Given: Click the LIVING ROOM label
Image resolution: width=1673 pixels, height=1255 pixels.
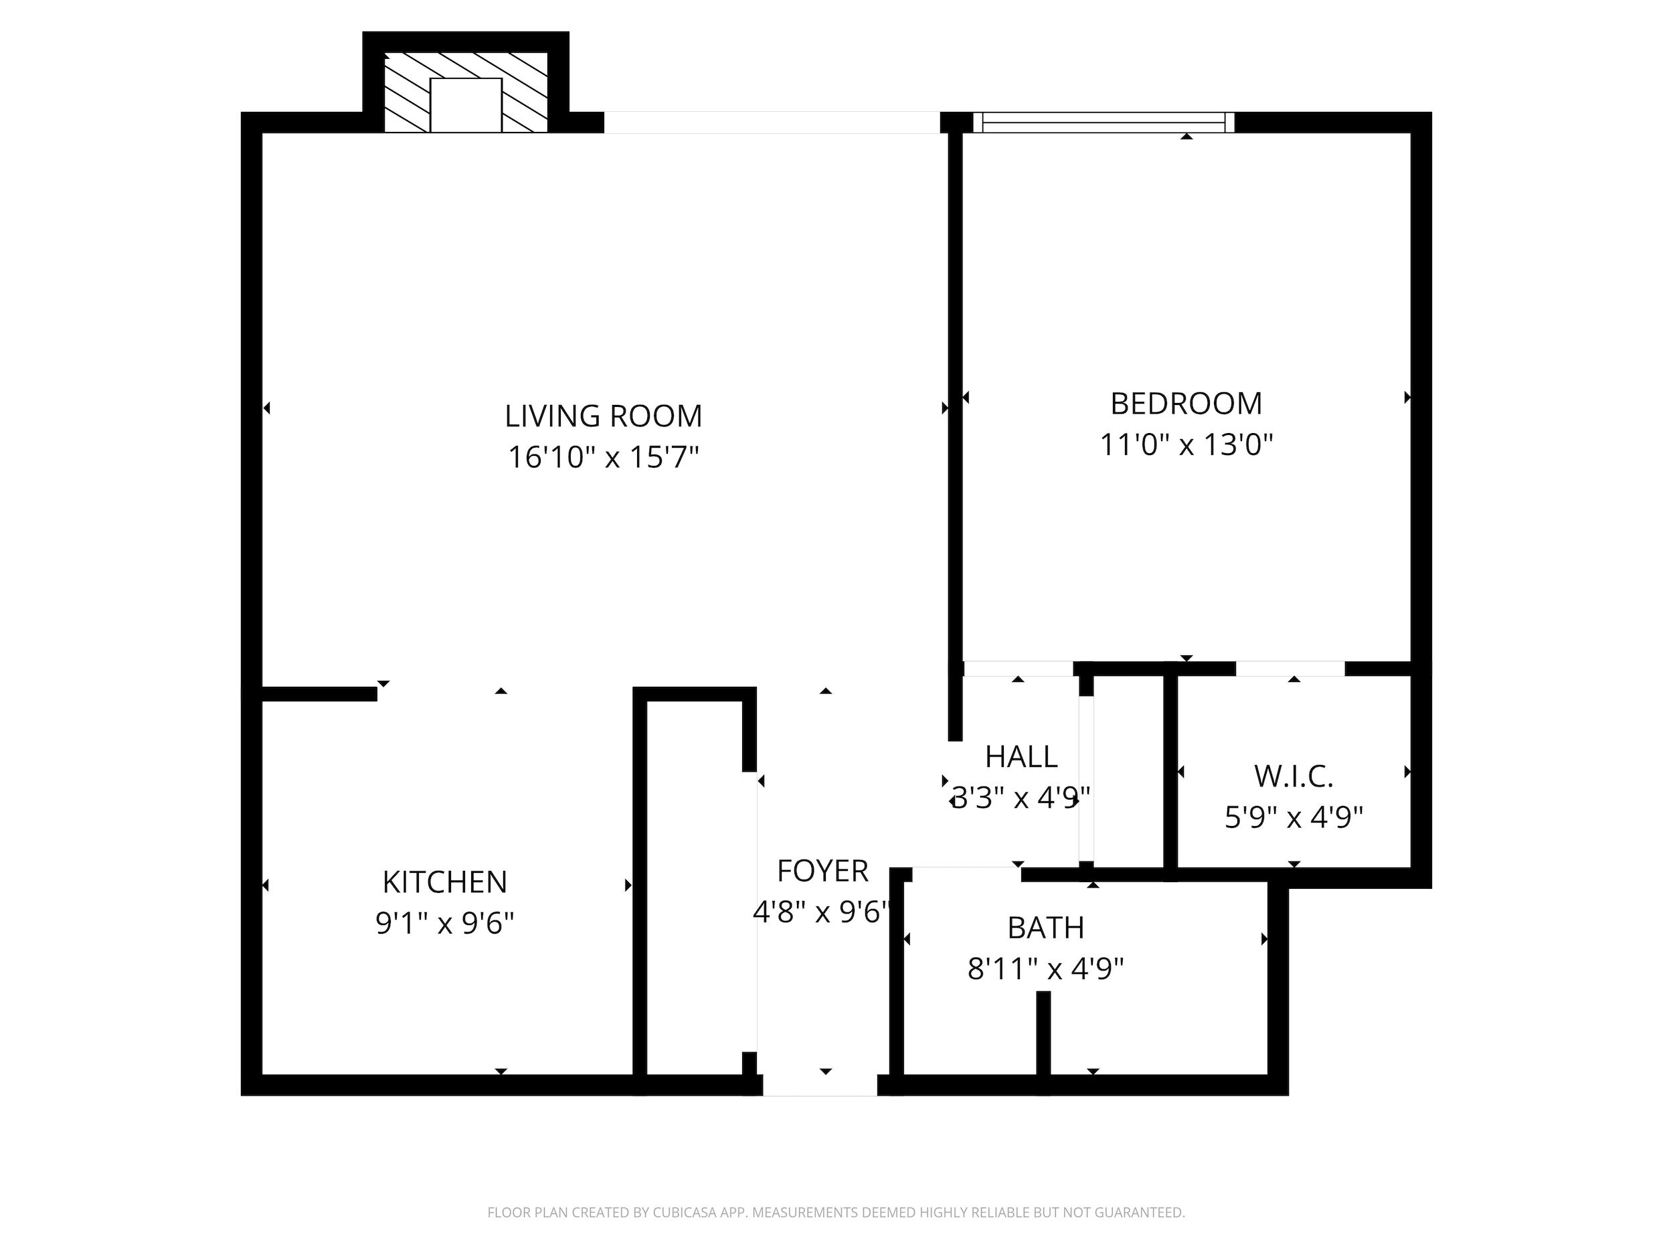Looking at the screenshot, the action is click(604, 416).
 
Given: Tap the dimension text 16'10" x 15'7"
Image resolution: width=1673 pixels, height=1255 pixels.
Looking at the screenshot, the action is click(604, 457).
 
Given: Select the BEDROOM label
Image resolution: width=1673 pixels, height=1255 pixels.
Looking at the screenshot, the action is click(1186, 403).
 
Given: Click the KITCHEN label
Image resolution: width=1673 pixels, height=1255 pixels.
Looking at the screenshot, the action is click(445, 882).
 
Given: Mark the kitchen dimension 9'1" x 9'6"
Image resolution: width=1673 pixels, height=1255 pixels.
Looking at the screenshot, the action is click(445, 923).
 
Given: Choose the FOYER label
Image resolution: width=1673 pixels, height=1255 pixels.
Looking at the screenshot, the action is click(823, 871).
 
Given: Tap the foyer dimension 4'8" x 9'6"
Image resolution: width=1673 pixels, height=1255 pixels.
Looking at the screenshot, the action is click(821, 912).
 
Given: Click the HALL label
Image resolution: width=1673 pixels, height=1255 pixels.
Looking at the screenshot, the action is click(1021, 756).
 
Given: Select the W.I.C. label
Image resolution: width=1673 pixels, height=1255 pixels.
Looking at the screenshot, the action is click(1294, 776).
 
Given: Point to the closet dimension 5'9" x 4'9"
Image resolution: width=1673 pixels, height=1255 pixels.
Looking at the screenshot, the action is click(1294, 817).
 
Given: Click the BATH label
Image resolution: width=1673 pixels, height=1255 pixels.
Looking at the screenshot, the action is click(1046, 928).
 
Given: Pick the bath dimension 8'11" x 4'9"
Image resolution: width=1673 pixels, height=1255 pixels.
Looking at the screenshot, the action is click(1046, 969).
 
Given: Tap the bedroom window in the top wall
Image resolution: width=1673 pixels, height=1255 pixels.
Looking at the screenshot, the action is click(1104, 122).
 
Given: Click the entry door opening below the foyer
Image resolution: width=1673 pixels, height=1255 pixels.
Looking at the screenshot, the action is click(820, 1085).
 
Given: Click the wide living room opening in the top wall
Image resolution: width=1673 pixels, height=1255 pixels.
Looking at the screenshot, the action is click(772, 122).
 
